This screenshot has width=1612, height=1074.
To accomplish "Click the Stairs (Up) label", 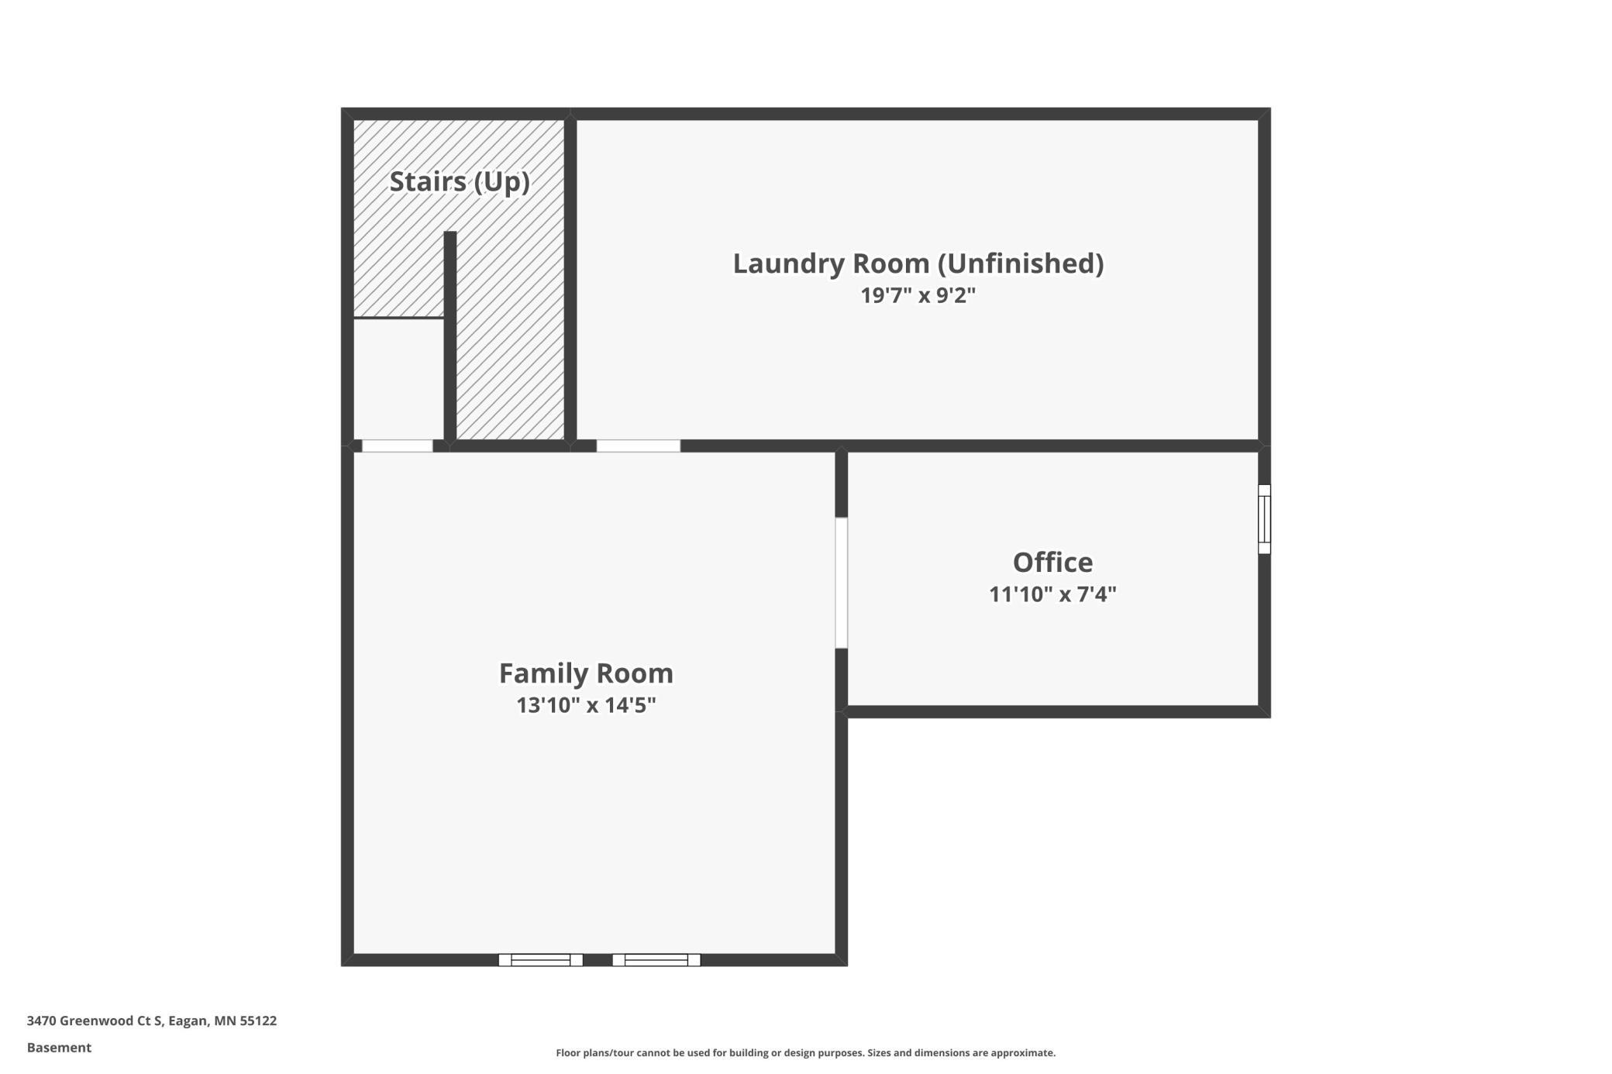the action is [x=460, y=182].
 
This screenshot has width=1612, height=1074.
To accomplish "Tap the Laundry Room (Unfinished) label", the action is [x=918, y=263].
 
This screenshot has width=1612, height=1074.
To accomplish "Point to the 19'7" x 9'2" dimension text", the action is [x=918, y=295].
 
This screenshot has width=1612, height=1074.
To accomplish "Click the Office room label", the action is [x=1052, y=562].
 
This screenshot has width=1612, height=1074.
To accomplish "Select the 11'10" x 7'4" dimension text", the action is [x=1052, y=594].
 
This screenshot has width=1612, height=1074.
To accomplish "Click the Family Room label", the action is [x=586, y=673].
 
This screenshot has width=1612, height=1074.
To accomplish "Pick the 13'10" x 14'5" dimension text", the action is [x=586, y=705].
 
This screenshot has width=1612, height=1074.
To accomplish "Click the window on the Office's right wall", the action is [x=1264, y=519].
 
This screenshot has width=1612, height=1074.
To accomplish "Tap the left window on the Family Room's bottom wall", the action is [x=540, y=960].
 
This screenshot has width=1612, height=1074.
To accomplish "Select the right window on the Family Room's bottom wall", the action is [x=656, y=960].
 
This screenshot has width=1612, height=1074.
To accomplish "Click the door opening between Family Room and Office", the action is [x=841, y=583].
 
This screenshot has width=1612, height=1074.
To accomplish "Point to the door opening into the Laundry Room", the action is [x=639, y=446].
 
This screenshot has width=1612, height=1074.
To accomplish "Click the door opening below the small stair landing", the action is [x=398, y=446].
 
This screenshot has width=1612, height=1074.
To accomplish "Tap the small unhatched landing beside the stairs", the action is [x=398, y=379].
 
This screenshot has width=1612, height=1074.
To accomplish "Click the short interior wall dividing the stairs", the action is [x=449, y=336].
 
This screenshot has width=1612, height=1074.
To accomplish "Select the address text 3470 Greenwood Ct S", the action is [x=95, y=1021].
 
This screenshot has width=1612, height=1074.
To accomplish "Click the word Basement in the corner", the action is [x=59, y=1048].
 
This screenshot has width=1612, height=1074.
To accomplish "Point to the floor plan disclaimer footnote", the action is [x=806, y=1052].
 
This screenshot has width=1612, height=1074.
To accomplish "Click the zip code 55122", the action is [x=258, y=1021].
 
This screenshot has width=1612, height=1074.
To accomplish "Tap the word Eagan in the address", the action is [x=188, y=1021].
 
